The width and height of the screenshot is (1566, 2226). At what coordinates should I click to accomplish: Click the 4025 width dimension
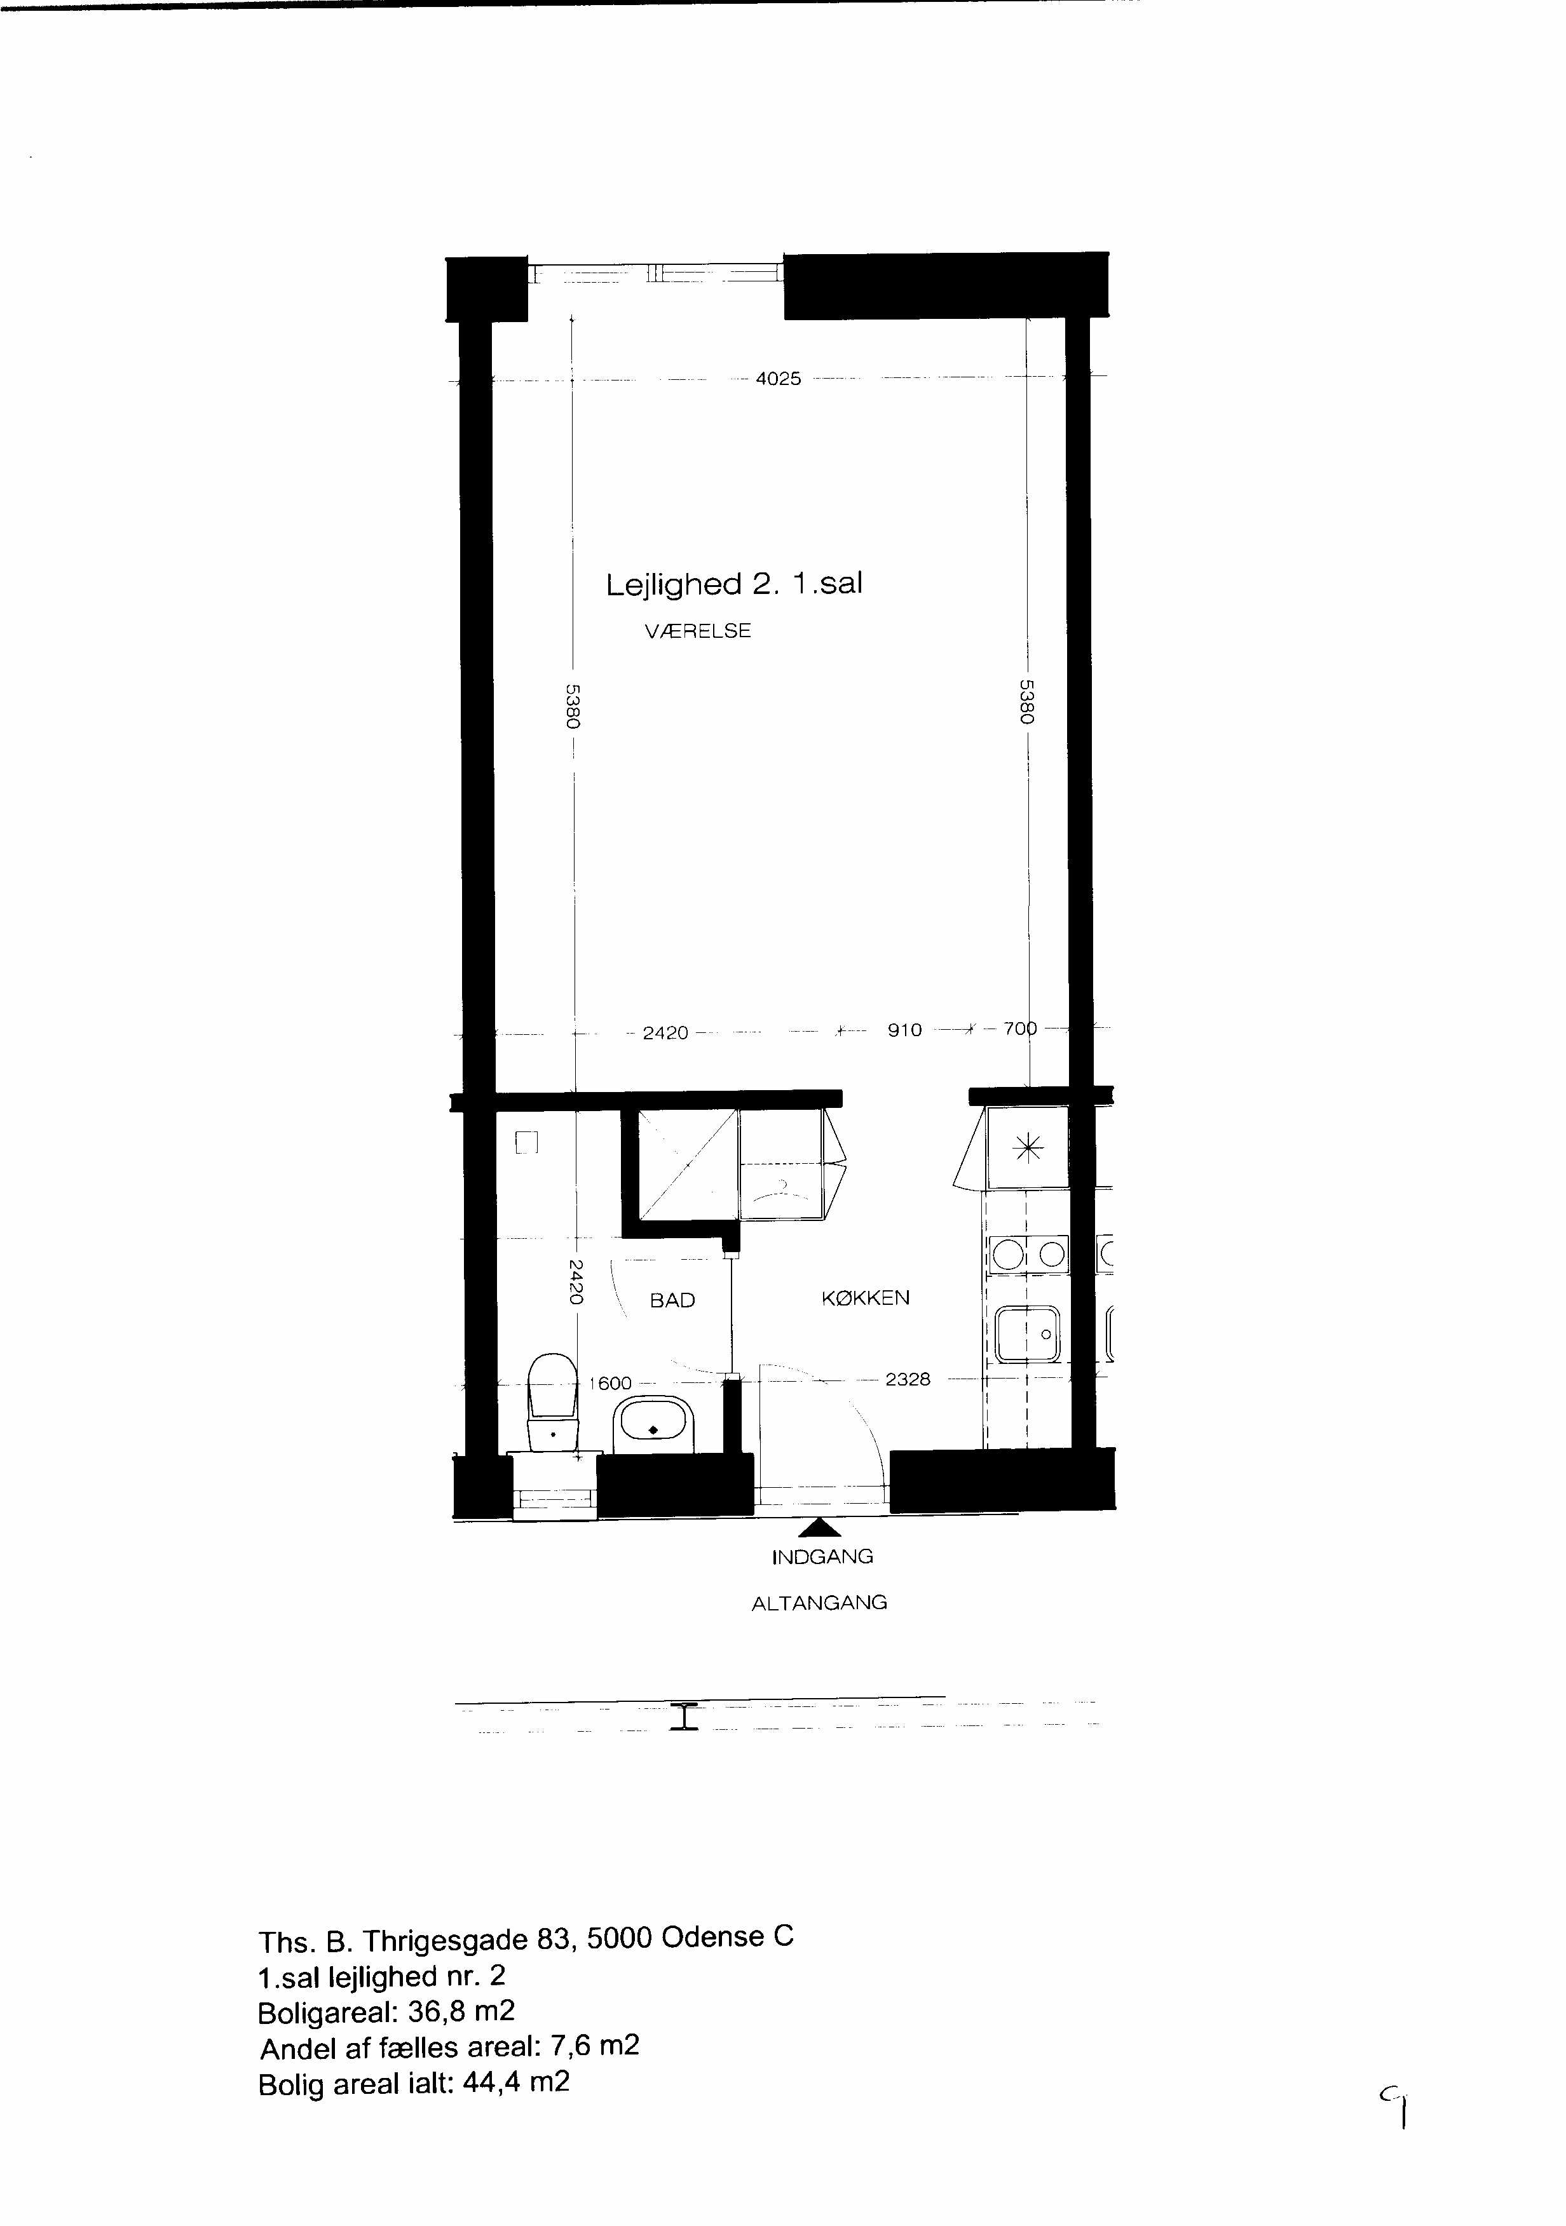click(779, 379)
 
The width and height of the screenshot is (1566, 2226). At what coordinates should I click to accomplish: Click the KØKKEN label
click(866, 1298)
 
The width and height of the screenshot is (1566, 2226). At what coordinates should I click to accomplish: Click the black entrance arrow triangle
click(820, 1527)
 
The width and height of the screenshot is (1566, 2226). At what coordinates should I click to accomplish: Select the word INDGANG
click(822, 1557)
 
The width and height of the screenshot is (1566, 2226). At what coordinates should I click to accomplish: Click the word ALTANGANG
click(819, 1603)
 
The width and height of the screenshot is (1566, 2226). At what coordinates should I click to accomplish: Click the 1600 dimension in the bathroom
click(612, 1384)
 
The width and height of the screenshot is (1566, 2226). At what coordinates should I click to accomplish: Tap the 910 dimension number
click(904, 1030)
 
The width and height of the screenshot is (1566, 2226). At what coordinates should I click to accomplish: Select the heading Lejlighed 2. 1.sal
click(734, 584)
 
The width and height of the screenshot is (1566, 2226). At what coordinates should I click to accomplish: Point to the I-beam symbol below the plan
click(684, 1717)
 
